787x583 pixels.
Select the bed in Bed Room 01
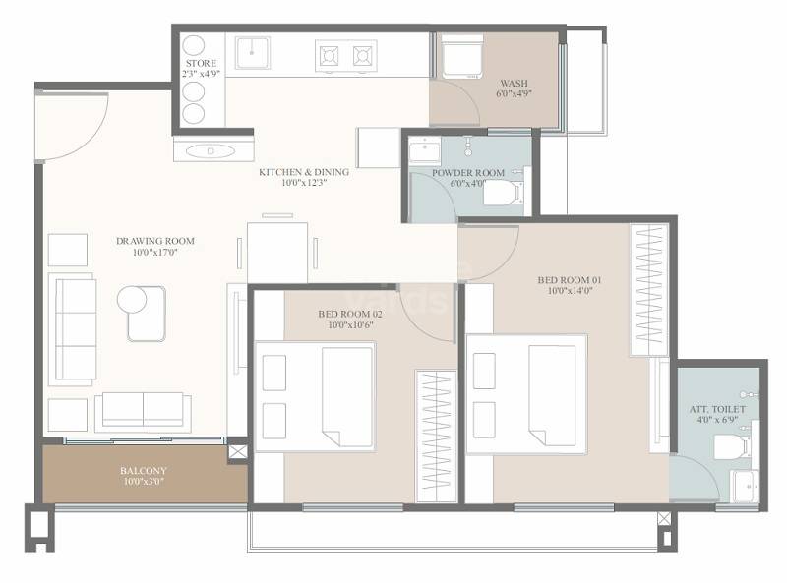(x=526, y=393)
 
